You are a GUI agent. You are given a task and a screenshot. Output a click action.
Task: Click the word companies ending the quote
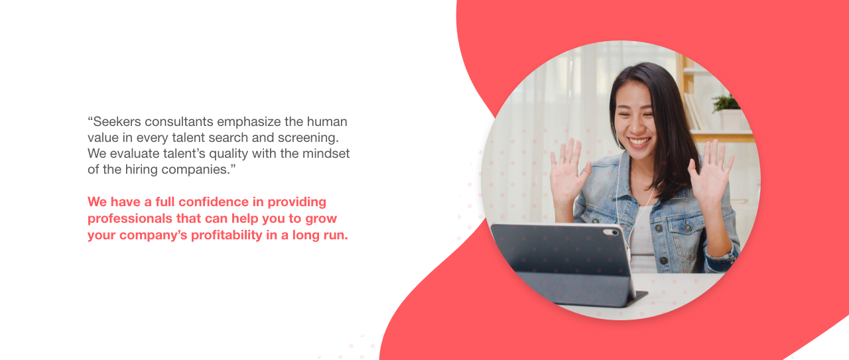pos(196,170)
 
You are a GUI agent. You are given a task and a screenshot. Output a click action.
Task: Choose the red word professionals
pos(125,219)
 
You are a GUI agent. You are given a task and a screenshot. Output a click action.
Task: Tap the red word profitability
pos(226,235)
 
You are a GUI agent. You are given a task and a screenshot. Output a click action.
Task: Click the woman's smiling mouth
pos(639,142)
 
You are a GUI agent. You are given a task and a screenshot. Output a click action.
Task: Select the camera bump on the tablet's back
pos(611,232)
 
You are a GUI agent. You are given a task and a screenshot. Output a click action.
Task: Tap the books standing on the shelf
pos(694,111)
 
